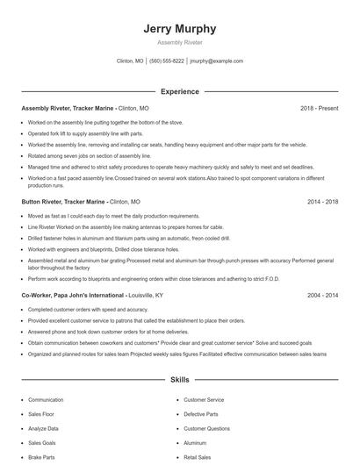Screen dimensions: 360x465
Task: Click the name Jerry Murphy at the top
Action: (x=179, y=29)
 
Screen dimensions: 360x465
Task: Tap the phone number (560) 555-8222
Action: (x=167, y=61)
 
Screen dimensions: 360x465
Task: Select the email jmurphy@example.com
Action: (x=217, y=61)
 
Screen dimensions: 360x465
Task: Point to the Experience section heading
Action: (x=179, y=91)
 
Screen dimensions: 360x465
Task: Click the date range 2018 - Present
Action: (x=319, y=108)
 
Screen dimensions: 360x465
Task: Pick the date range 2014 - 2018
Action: (x=321, y=202)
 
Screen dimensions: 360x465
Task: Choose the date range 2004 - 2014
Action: (x=321, y=296)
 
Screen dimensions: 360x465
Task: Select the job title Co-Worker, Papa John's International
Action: (x=74, y=296)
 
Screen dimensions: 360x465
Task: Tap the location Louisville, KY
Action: (x=147, y=296)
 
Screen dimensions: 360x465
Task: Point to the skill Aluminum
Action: (x=195, y=443)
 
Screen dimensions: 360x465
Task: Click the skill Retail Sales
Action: (x=197, y=457)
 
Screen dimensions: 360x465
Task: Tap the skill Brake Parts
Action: (x=41, y=457)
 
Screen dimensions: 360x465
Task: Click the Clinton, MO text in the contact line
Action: (x=129, y=61)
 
